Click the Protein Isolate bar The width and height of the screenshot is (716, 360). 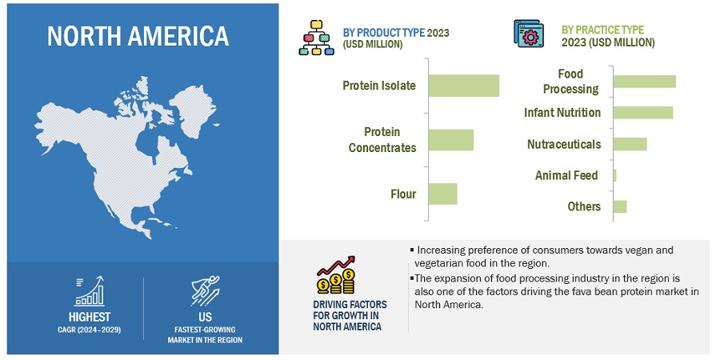coord(464,86)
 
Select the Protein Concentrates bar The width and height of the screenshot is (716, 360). coord(451,140)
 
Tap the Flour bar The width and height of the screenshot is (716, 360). coord(443,194)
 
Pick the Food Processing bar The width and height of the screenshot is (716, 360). coord(645,82)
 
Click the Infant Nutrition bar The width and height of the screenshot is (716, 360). coord(643,112)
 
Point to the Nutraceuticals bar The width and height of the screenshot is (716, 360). coord(630,144)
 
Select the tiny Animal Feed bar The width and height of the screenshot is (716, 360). coord(615,175)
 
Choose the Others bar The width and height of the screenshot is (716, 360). coord(620,206)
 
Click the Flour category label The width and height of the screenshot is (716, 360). coord(403,194)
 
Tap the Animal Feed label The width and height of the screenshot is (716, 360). coord(566,175)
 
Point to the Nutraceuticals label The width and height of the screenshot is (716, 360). coord(564,144)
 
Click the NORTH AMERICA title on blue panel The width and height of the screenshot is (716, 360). coord(138,36)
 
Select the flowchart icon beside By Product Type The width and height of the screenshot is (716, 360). coord(317,38)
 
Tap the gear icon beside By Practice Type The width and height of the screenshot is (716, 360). coord(529,34)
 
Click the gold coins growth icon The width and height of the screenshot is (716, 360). coord(336,275)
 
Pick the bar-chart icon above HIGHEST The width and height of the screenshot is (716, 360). coord(90,291)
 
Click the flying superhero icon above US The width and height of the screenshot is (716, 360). coord(205,291)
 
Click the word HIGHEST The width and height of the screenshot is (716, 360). coord(90,317)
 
